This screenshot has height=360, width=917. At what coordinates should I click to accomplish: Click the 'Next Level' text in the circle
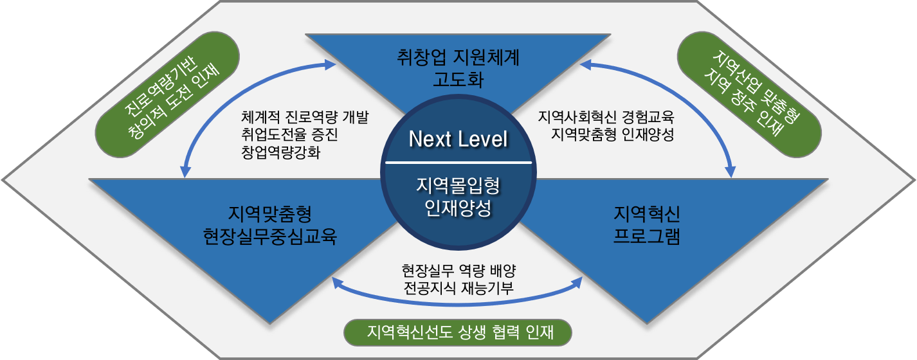pos(458,139)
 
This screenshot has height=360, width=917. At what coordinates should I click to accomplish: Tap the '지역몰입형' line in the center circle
pos(458,186)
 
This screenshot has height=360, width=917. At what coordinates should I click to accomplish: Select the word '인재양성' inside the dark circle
pos(458,208)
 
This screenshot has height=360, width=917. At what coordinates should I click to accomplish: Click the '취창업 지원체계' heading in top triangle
pos(458,57)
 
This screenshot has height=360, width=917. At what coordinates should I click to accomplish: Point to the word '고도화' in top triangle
pos(458,79)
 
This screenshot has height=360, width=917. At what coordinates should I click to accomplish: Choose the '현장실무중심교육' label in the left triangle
pos(270,236)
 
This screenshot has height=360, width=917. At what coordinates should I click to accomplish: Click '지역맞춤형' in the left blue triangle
pos(270,213)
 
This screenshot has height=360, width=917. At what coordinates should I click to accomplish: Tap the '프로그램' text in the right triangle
pos(646,236)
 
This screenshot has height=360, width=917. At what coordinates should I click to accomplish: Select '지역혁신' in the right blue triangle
pos(646,213)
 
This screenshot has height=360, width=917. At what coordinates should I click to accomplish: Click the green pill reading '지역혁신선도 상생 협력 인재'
pos(458,332)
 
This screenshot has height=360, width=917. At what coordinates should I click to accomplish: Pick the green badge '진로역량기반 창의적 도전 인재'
pos(167,94)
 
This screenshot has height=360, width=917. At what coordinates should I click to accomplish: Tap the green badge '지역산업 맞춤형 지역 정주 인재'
pos(749,94)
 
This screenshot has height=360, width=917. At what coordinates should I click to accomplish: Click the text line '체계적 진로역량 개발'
pos(305,118)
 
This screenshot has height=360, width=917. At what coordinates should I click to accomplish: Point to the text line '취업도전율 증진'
pos(289,134)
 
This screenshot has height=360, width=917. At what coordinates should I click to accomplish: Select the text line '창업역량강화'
pos(280,152)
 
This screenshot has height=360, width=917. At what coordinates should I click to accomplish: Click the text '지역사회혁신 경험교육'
pos(606,118)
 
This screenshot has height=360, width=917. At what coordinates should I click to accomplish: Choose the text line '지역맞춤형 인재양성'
pos(612,134)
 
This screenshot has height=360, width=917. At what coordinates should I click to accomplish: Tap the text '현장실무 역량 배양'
pos(459,271)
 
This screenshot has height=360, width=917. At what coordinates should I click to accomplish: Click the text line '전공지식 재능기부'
pos(459,288)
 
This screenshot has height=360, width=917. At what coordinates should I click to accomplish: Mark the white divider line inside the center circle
pos(458,163)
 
